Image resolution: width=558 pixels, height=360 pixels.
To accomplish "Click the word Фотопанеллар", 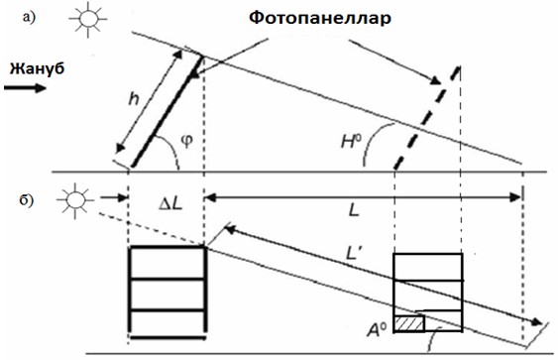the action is [319, 19].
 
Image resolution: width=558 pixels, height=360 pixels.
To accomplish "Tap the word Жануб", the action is [37, 68].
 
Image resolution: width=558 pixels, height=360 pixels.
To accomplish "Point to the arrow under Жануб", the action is [25, 87].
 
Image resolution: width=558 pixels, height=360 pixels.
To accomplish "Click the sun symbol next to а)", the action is [88, 19].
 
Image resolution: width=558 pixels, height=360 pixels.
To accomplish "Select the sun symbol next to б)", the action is [74, 200].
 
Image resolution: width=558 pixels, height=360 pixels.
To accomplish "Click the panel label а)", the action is [29, 18].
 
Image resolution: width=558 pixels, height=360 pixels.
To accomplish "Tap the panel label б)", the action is [27, 199].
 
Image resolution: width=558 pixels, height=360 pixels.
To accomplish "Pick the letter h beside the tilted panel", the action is [134, 98].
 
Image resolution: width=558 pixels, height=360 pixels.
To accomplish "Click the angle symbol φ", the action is [187, 141].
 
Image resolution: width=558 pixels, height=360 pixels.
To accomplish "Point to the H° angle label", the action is [351, 142].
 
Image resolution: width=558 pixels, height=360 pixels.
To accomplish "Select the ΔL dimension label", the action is [171, 204].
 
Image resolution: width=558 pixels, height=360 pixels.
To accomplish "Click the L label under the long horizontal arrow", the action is [354, 211].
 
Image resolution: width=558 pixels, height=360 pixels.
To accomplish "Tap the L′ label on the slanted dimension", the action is [353, 253].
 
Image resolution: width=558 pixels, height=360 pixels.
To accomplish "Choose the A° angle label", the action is [377, 329].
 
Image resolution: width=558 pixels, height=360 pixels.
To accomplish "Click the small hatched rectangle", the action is [409, 323].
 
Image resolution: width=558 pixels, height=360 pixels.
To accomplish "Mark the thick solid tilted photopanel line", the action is [167, 111].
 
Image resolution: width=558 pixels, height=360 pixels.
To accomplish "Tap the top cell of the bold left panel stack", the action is [167, 263].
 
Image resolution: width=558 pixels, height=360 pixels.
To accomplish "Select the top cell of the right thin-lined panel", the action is [428, 268].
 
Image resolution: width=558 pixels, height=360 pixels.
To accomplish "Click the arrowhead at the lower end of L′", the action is [536, 322].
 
